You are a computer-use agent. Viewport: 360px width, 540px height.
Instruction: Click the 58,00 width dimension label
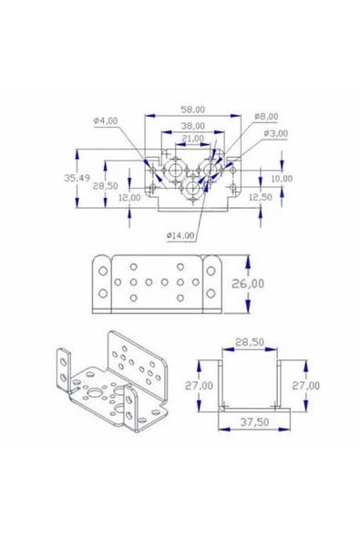(x=192, y=109)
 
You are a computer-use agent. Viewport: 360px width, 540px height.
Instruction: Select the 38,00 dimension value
(x=192, y=125)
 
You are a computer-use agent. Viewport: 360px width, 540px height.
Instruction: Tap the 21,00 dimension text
(x=192, y=138)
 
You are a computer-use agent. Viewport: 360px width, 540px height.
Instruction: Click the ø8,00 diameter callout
(x=266, y=117)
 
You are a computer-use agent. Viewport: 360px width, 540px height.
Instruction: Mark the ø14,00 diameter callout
(x=180, y=235)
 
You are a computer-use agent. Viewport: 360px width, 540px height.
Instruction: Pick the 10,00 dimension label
(x=282, y=179)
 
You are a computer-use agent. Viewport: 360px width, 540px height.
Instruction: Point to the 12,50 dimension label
(x=260, y=197)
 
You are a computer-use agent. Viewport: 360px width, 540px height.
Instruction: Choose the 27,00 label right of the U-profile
(x=306, y=386)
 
